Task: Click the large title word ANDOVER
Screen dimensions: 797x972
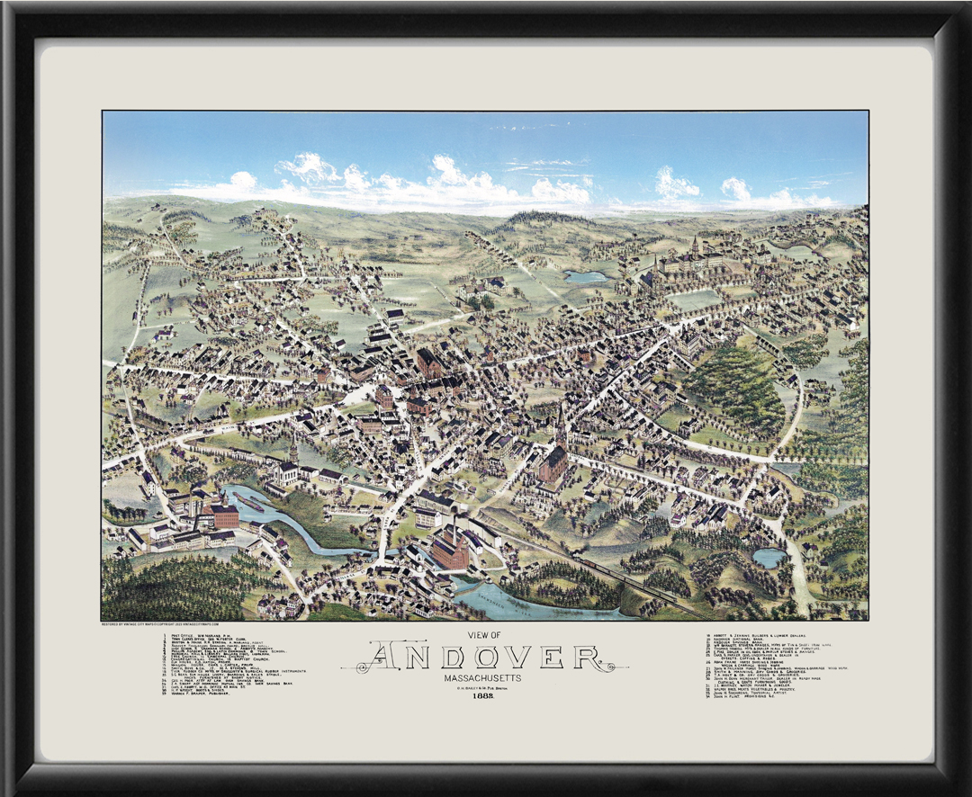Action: [x=485, y=657]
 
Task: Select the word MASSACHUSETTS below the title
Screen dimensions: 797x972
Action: [x=485, y=677]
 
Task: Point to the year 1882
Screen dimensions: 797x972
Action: [x=485, y=699]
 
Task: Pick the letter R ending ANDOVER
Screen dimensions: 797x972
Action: [x=589, y=657]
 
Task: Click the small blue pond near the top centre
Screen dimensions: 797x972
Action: [x=586, y=277]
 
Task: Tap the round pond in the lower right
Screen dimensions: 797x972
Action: [x=769, y=558]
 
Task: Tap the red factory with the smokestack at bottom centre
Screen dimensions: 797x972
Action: [x=451, y=548]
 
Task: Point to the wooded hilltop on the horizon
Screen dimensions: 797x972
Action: [x=540, y=219]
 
